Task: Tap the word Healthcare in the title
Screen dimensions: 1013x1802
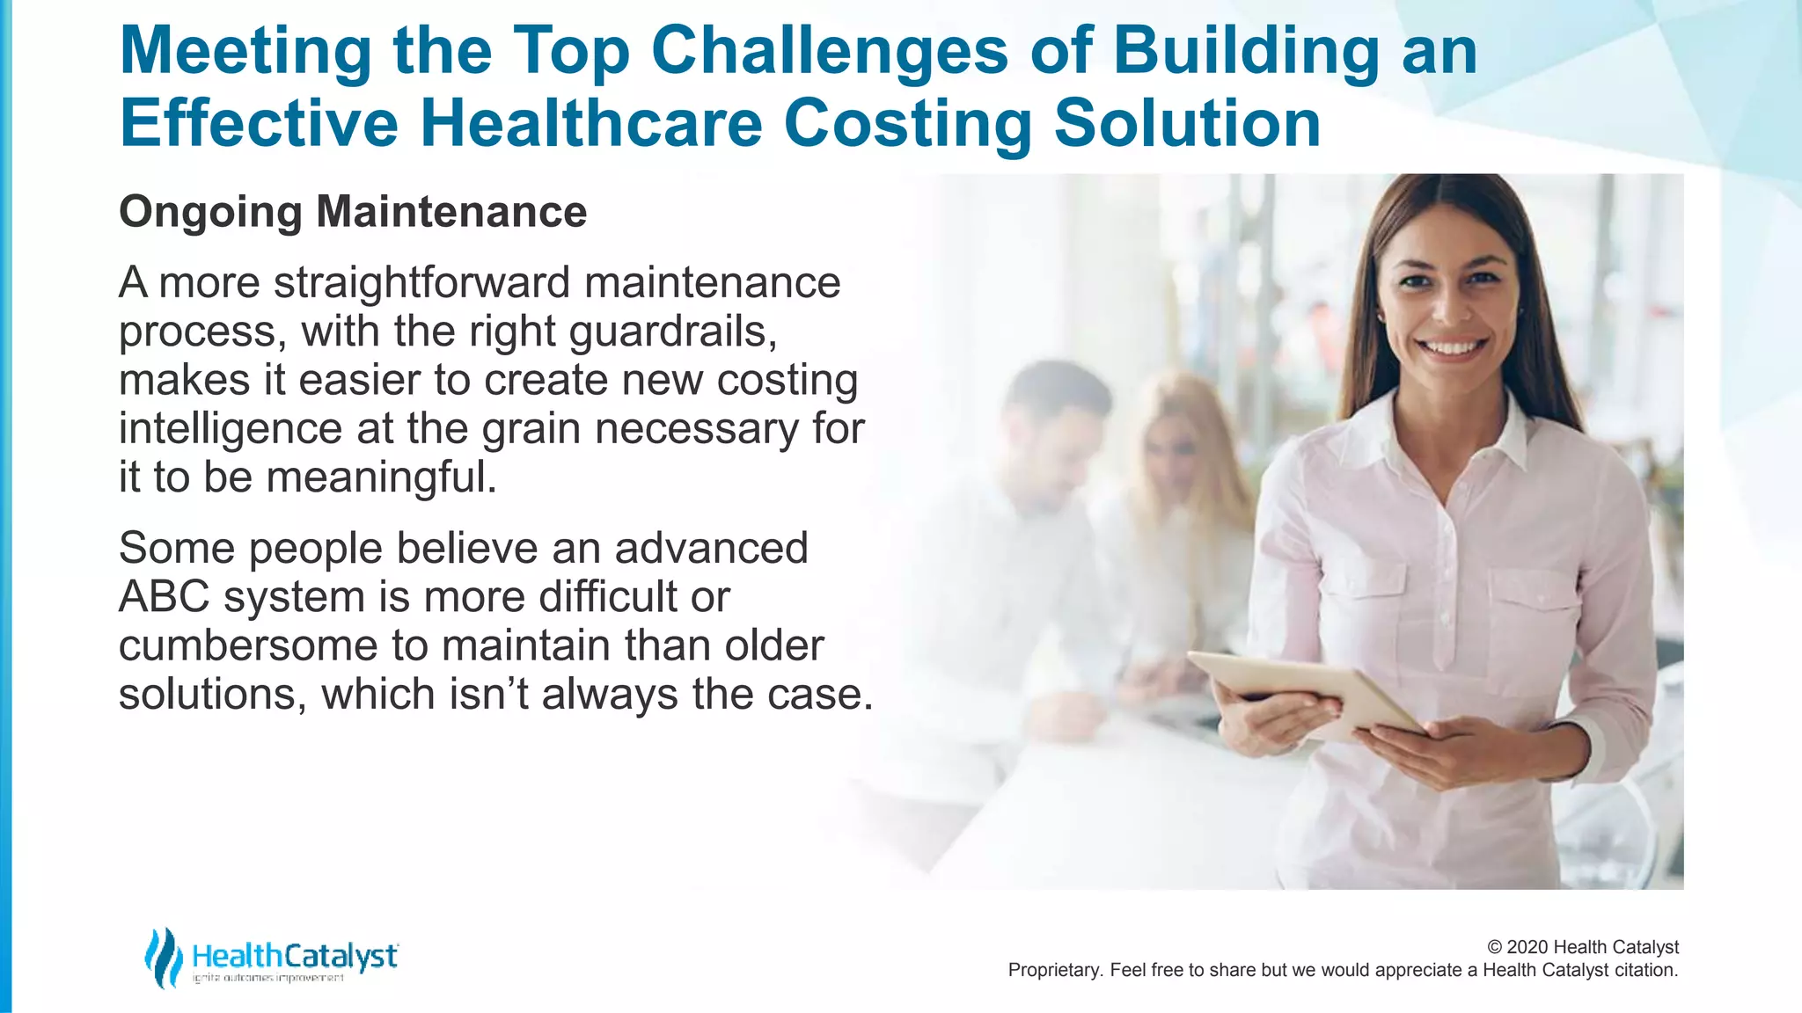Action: pyautogui.click(x=590, y=123)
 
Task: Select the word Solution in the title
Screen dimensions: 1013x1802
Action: pyautogui.click(x=1187, y=123)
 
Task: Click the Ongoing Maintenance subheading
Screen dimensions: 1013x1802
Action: pyautogui.click(x=353, y=212)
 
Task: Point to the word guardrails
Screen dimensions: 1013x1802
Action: pyautogui.click(x=672, y=332)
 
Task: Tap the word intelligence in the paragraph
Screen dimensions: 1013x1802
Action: pyautogui.click(x=230, y=429)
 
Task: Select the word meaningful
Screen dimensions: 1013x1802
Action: pyautogui.click(x=381, y=477)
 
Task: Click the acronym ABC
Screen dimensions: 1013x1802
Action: pyautogui.click(x=164, y=597)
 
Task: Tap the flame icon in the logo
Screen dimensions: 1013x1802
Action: pyautogui.click(x=162, y=958)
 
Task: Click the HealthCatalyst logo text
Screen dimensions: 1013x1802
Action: pyautogui.click(x=295, y=956)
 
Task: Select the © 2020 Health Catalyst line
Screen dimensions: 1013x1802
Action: pyautogui.click(x=1582, y=947)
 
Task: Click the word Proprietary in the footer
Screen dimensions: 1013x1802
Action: pyautogui.click(x=1053, y=970)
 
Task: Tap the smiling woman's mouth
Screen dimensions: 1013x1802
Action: pyautogui.click(x=1453, y=346)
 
